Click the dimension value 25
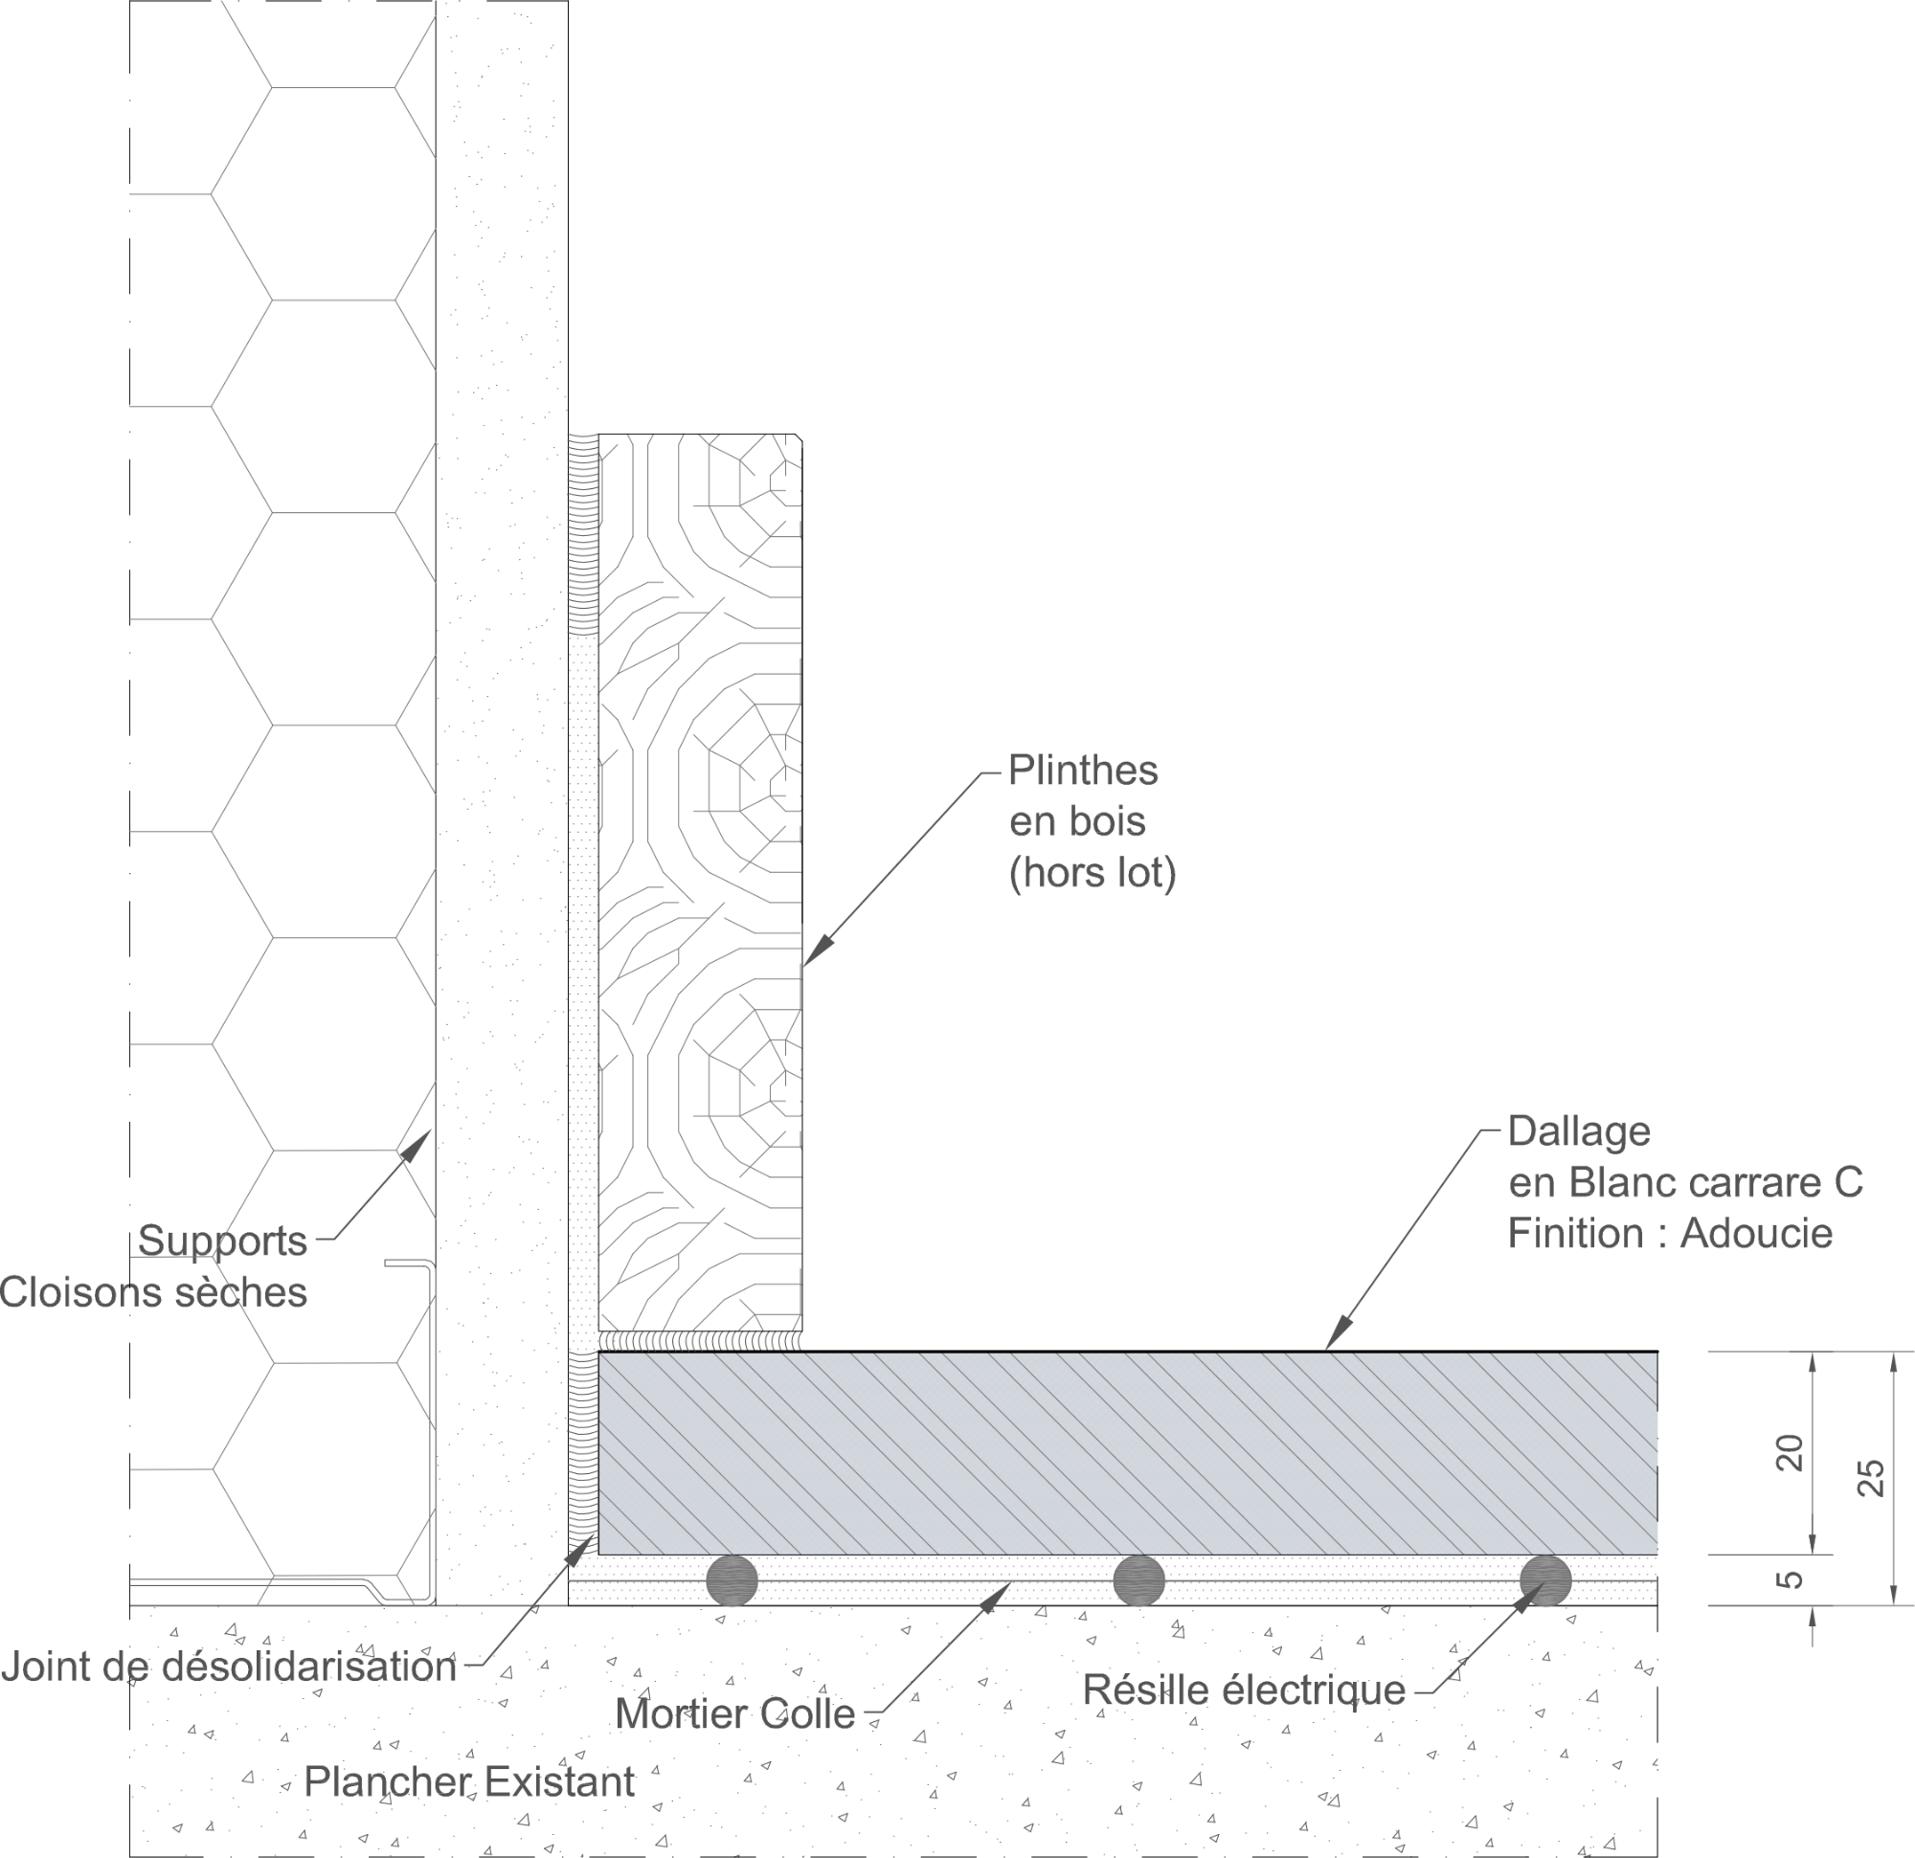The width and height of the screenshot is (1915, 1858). [1870, 1477]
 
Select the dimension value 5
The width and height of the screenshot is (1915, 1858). [1789, 1578]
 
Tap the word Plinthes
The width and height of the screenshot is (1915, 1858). [1083, 771]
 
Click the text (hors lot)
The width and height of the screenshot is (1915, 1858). [1093, 872]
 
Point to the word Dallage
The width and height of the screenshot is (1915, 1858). [1579, 1131]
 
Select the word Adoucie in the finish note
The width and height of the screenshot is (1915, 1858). [1756, 1233]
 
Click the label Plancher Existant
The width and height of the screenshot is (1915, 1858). [469, 1781]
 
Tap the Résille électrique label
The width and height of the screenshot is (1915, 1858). [1244, 1689]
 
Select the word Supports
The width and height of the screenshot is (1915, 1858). [223, 1241]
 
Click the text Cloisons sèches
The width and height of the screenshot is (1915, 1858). [153, 1292]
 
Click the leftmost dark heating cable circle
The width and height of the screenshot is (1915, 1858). [732, 1580]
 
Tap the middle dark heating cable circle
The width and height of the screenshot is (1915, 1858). [1139, 1580]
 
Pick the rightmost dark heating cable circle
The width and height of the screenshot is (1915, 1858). [1545, 1580]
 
